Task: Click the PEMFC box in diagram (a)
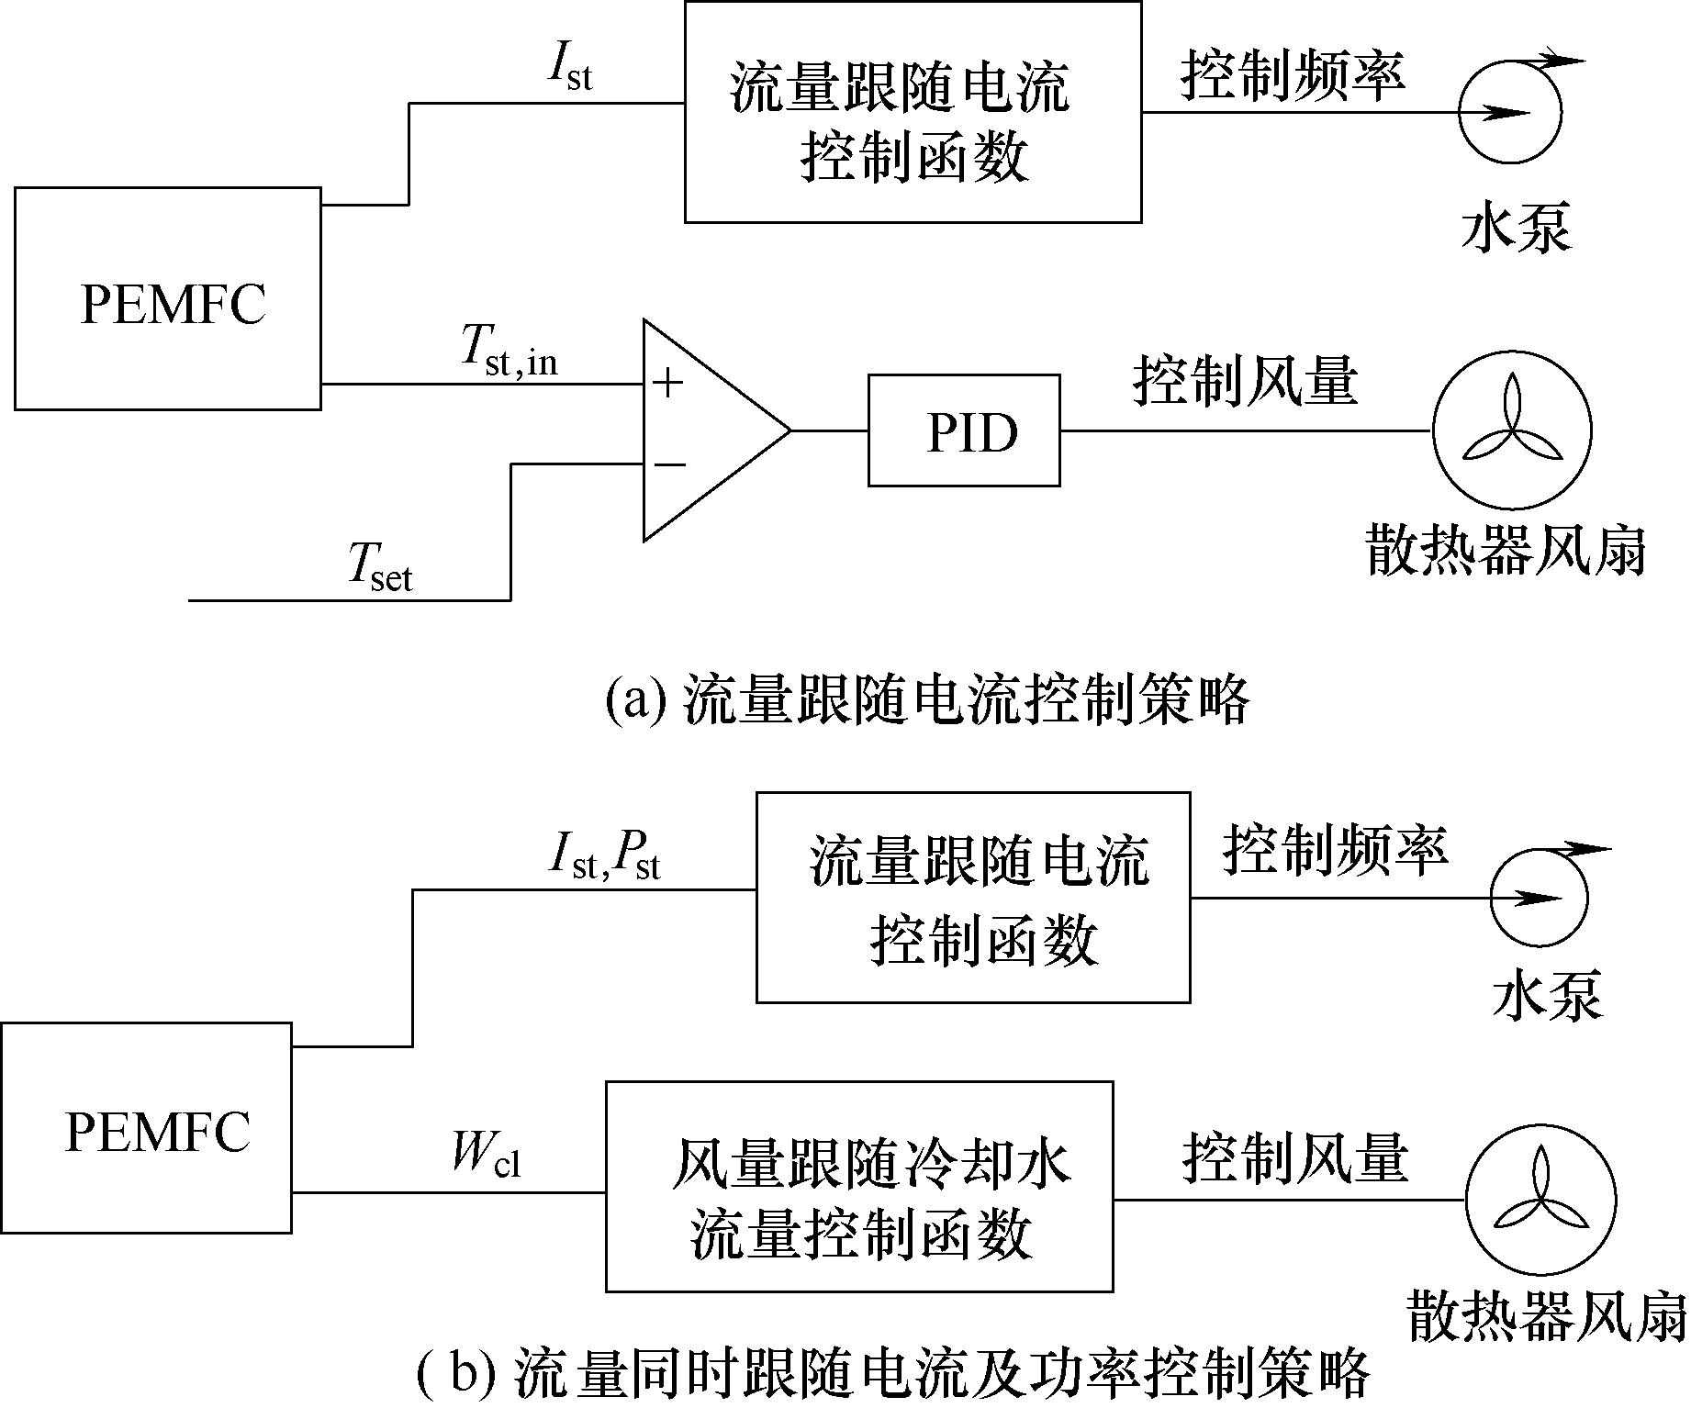tap(168, 299)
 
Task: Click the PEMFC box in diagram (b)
tap(147, 1128)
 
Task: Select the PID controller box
tap(964, 430)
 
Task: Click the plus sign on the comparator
tap(667, 383)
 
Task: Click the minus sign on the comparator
tap(668, 464)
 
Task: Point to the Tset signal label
tap(380, 566)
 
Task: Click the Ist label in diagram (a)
tap(569, 67)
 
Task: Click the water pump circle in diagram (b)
tap(1539, 898)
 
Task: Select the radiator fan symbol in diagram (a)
tap(1511, 430)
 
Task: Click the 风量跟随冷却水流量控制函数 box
tap(859, 1187)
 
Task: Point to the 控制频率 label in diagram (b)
tap(1336, 849)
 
